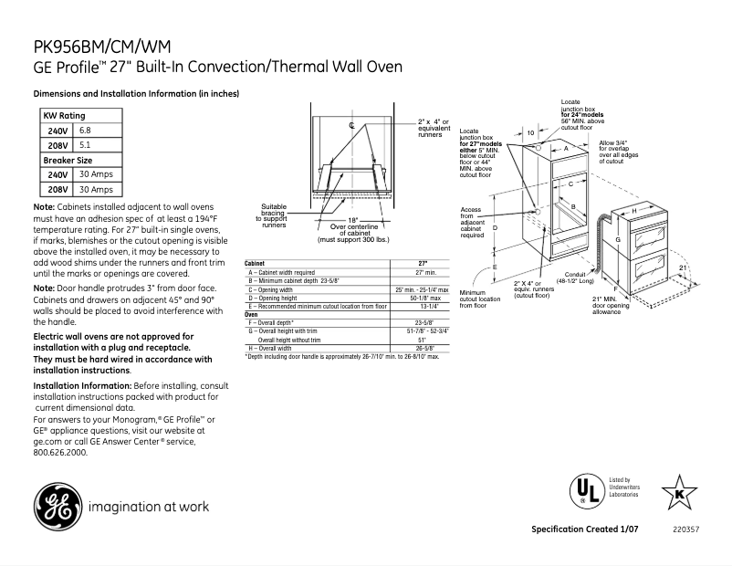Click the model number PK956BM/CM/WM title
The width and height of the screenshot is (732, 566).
(x=100, y=47)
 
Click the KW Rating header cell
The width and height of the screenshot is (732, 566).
(x=65, y=116)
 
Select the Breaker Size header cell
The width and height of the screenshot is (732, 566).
(x=68, y=160)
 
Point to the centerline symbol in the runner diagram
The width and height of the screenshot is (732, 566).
(x=351, y=124)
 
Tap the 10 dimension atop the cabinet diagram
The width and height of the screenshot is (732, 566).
(x=530, y=133)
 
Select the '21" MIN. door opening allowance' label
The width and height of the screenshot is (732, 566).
(x=611, y=305)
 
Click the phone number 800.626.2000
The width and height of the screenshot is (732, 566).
(x=61, y=452)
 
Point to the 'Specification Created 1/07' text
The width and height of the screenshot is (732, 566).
(x=584, y=530)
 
